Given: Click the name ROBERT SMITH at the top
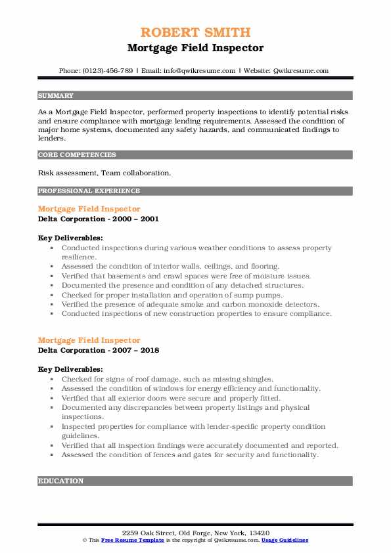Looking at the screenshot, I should coord(195,33).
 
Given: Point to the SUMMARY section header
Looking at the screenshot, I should coord(56,96).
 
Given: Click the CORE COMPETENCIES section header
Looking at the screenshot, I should coord(77,155).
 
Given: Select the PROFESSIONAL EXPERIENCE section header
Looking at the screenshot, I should coord(89,191).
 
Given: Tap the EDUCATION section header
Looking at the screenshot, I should coord(61,481).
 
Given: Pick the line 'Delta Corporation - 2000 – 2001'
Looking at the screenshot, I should coord(98,219).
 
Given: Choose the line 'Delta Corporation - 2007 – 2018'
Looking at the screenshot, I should coord(98,350).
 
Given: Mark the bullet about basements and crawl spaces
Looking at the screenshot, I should coord(186,276).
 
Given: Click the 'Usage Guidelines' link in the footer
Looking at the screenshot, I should coord(284,540).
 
